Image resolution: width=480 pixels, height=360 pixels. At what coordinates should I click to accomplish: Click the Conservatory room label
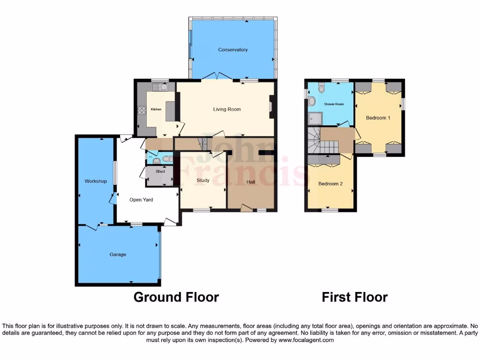click(232, 50)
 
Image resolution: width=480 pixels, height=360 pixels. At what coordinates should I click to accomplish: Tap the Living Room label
click(227, 109)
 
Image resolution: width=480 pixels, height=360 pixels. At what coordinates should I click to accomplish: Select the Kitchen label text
click(156, 109)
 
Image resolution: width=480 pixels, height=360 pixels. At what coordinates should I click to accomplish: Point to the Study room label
click(203, 180)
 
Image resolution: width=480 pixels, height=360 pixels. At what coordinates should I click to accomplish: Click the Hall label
click(251, 182)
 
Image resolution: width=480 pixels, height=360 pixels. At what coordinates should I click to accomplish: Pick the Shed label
click(160, 172)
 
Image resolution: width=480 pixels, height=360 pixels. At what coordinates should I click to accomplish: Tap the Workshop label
click(96, 181)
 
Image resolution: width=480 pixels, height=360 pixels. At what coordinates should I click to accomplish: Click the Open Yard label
click(141, 200)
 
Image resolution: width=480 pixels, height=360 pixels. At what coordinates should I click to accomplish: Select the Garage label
click(118, 255)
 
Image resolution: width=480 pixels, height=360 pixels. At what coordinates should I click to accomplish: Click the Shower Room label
click(334, 104)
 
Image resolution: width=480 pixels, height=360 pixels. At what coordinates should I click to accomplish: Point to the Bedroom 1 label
click(378, 118)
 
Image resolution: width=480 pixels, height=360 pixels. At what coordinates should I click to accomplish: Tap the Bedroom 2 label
click(330, 184)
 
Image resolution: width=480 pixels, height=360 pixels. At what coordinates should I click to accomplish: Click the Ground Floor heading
click(176, 297)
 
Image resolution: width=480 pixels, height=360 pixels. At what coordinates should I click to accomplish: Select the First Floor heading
click(354, 297)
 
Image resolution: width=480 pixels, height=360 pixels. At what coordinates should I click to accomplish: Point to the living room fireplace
click(270, 107)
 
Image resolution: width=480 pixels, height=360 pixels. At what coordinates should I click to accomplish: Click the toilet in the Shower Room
click(321, 88)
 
